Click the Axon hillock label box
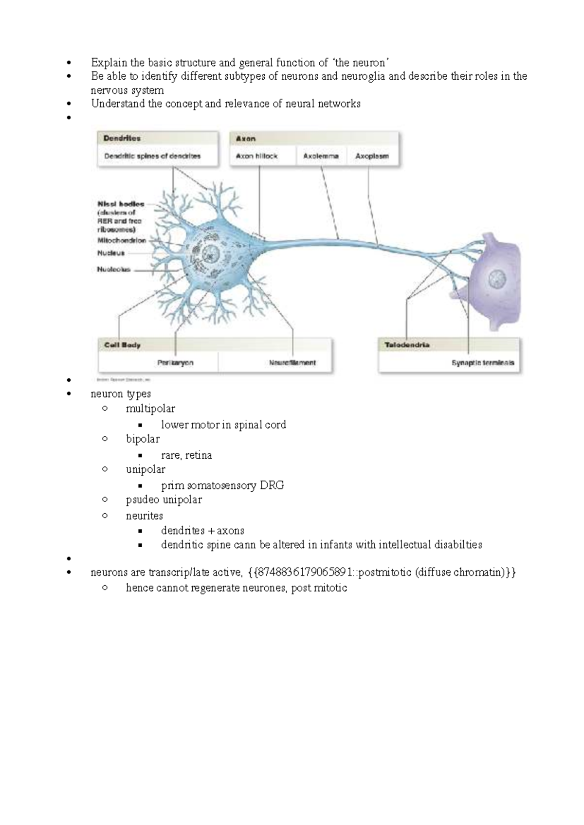coord(256,156)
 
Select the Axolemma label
coord(321,156)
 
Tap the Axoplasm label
coord(372,156)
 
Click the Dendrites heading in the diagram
coord(122,138)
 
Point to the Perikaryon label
coord(175,362)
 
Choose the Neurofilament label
coord(292,362)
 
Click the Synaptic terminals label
coord(482,362)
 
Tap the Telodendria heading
coord(407,345)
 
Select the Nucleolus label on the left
coord(113,269)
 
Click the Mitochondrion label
coord(122,240)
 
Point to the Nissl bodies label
coord(121,204)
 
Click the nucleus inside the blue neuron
coord(211,254)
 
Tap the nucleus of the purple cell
coord(497,279)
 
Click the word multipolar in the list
coord(150,409)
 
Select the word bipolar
coord(143,439)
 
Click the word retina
coord(199,455)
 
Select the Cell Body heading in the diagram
coord(122,345)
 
